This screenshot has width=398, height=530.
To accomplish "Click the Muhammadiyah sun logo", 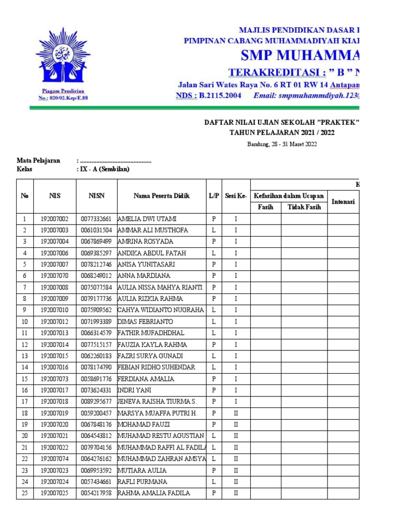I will (62, 57).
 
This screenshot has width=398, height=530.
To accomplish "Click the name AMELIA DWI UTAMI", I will (146, 218).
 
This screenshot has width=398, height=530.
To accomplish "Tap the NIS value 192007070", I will (58, 276).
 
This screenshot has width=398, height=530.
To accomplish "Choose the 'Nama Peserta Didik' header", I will (161, 196).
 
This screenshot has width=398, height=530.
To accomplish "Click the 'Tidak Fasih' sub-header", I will (304, 207).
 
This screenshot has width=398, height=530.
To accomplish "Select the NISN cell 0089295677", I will (96, 402).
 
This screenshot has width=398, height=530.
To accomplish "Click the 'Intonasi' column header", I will (343, 202).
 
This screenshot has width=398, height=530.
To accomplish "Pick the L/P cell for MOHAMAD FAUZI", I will (214, 424).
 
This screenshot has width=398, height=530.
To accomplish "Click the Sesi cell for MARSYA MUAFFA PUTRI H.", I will (236, 413).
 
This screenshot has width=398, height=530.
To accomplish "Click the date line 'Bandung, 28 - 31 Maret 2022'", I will (281, 144).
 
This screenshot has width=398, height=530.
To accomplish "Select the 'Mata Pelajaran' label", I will (38, 160).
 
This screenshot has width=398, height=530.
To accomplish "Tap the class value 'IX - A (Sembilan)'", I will (103, 169).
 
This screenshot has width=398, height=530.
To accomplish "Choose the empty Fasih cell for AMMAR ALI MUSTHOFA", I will (266, 230).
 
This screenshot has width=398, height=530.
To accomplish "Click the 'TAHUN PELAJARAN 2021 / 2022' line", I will (282, 132).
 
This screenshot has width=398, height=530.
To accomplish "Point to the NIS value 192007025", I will (58, 493).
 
